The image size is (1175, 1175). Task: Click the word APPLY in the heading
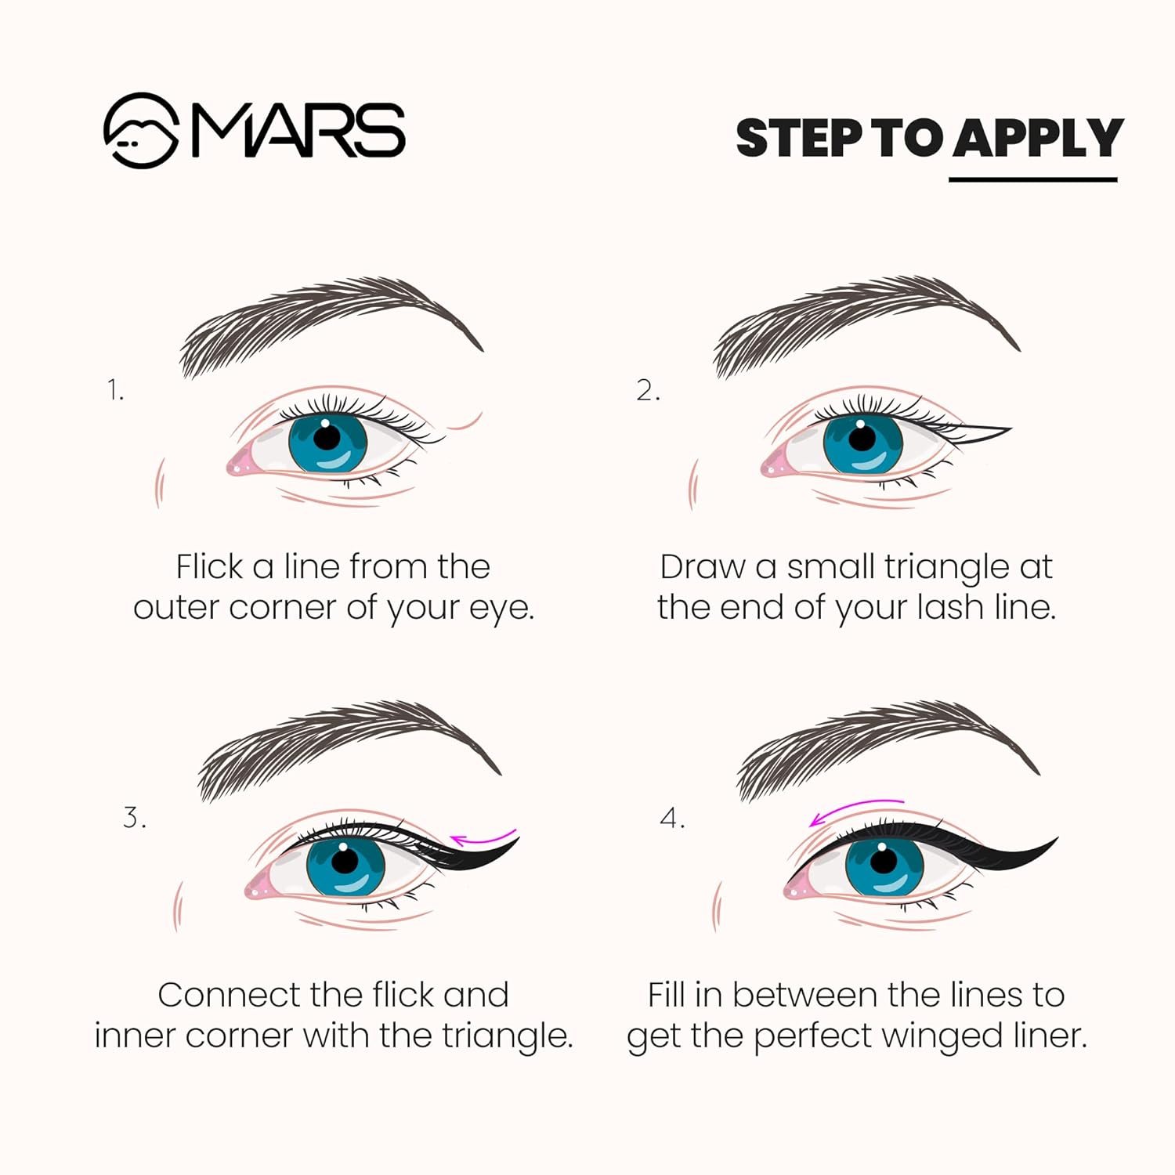(x=1037, y=139)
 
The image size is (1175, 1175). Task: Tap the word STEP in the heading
(x=798, y=139)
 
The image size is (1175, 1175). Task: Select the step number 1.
(x=115, y=389)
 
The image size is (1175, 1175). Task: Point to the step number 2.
(x=647, y=389)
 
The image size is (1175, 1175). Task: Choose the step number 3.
(x=134, y=817)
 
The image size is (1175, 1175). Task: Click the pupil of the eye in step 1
(x=327, y=436)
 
